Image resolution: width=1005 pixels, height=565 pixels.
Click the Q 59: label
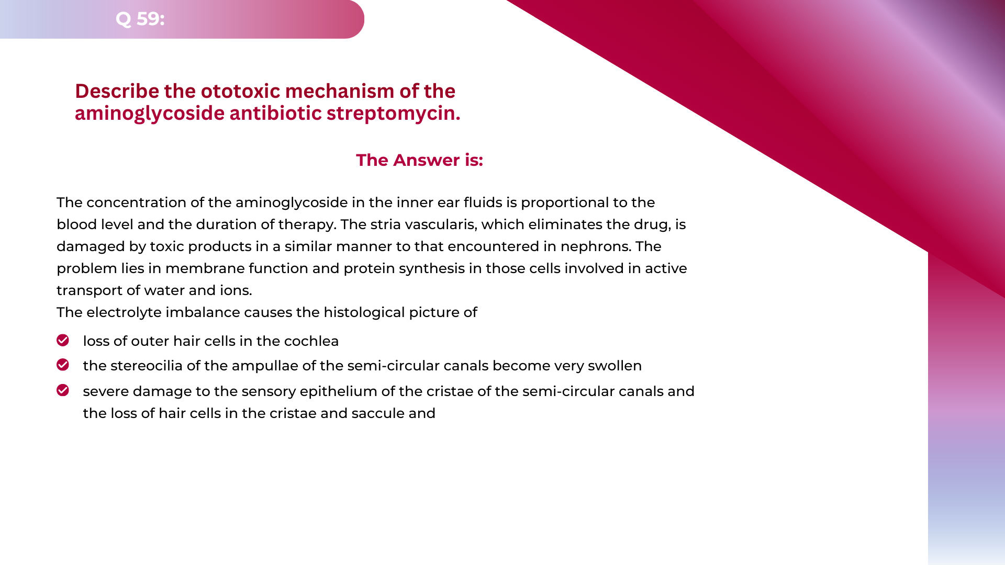(x=140, y=19)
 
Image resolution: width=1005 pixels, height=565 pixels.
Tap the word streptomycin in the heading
(x=393, y=113)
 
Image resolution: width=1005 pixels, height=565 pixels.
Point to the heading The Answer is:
(x=419, y=160)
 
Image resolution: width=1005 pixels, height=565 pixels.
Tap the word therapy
(x=307, y=224)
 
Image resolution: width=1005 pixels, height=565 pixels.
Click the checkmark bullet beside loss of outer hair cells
(x=63, y=341)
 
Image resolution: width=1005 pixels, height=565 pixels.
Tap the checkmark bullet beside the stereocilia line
(x=63, y=365)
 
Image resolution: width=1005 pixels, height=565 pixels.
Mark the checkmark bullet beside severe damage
(x=63, y=390)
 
